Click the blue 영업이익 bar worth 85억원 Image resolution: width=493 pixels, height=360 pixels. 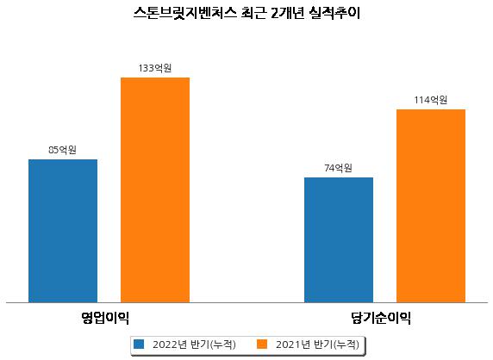click(63, 231)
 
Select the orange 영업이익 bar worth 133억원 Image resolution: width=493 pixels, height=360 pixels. click(155, 190)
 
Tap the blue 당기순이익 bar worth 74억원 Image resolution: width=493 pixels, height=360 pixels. click(339, 240)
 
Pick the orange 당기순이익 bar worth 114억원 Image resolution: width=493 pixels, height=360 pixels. click(431, 206)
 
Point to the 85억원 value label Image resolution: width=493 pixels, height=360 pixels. click(62, 150)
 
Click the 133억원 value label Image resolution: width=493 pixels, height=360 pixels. click(155, 68)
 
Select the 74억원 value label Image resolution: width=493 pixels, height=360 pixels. click(339, 168)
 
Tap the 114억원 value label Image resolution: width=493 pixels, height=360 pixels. click(430, 100)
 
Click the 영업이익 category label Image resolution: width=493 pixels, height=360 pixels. click(105, 318)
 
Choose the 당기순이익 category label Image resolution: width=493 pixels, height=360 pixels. click(381, 318)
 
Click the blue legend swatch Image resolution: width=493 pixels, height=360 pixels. click(139, 344)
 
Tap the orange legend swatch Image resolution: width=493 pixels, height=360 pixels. click(262, 344)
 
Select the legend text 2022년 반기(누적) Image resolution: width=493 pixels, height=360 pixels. click(194, 344)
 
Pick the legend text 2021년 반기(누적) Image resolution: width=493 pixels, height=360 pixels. click(317, 344)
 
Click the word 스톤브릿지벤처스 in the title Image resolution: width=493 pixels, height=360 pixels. click(184, 13)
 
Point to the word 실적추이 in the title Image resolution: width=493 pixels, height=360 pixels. click(334, 13)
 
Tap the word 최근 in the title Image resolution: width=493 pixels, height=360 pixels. click(253, 13)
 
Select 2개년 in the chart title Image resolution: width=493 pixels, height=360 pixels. click(287, 13)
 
